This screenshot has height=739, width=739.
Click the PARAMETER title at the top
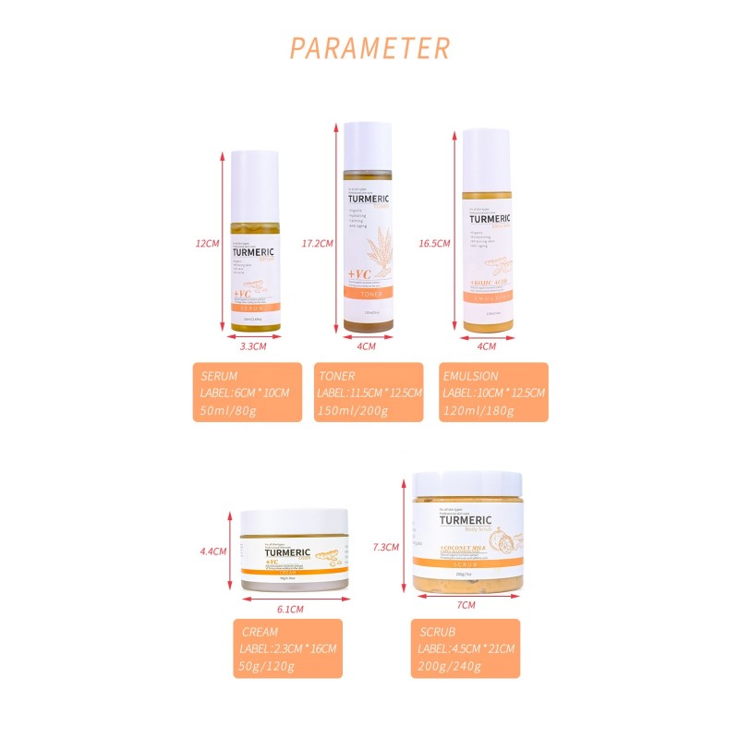tap(369, 48)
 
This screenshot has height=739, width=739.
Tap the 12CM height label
tap(207, 244)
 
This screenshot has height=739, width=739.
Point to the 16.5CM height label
tap(434, 244)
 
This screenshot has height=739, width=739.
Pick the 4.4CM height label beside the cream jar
tap(213, 551)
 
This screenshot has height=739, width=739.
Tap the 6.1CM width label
tap(291, 610)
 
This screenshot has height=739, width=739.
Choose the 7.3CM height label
tap(386, 547)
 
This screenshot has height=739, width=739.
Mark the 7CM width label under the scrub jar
tap(466, 606)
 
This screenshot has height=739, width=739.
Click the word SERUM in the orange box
tap(220, 377)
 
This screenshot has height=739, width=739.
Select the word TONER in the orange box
tap(338, 377)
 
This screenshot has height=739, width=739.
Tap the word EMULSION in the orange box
tap(472, 377)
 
